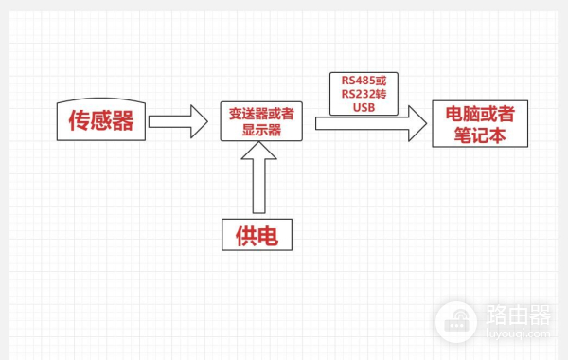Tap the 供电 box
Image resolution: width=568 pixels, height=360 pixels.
257,234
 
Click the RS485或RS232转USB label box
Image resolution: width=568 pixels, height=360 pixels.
364,93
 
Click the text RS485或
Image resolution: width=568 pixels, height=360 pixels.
364,80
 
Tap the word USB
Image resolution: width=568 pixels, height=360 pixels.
364,107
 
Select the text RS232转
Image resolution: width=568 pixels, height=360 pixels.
364,93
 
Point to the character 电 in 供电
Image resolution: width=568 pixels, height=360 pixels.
271,234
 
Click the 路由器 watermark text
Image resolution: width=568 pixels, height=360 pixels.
517,314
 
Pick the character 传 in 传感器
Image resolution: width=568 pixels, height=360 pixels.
79,120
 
